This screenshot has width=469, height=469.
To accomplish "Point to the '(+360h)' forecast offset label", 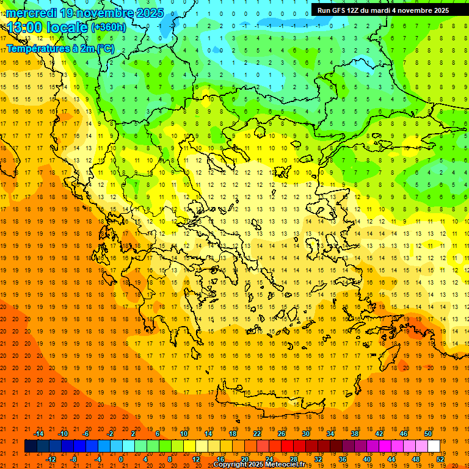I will click(108, 27).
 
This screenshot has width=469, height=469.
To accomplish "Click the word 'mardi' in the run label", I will click(383, 10).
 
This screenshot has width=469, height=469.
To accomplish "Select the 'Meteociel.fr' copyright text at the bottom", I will click(285, 465).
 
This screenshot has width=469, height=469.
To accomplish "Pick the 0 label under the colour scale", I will click(121, 459).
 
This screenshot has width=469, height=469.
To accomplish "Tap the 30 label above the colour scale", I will click(306, 434).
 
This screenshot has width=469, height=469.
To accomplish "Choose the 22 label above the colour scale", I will click(257, 434).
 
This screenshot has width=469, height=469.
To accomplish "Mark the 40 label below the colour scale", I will click(368, 459).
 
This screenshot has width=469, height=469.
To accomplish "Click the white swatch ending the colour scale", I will click(434, 446).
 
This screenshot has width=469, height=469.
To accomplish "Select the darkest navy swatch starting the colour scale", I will click(31, 446).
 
